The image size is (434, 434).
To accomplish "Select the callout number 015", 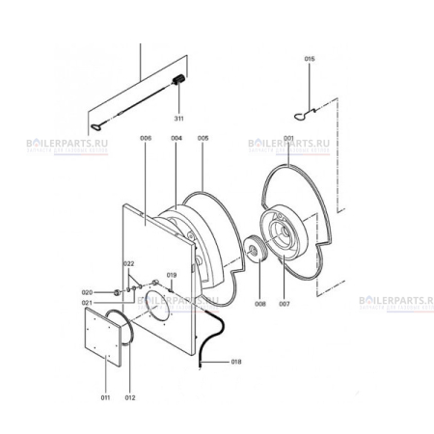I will (310, 60).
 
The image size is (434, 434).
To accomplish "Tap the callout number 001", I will (288, 138).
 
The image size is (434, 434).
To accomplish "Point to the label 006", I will (147, 138).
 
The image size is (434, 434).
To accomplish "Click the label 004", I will (176, 138).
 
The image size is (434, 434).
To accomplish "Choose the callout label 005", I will (203, 138).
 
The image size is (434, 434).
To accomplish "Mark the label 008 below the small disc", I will (259, 305).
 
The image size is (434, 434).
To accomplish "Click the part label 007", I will (285, 305).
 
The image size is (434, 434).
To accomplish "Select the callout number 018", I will (237, 362).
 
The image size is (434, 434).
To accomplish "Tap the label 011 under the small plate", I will (106, 397).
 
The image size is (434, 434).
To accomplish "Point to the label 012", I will (130, 397).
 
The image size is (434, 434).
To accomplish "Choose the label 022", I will (128, 263).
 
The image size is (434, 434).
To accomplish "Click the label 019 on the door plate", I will (172, 276).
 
